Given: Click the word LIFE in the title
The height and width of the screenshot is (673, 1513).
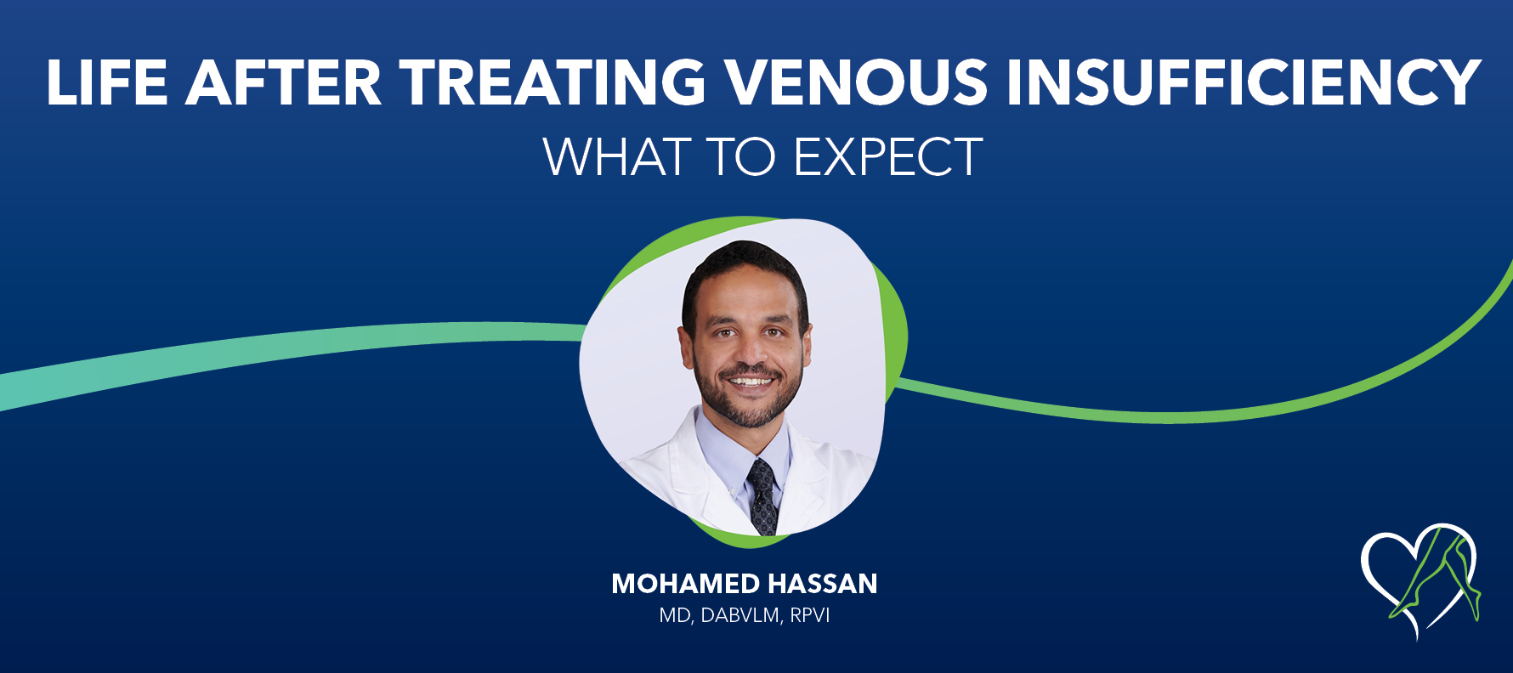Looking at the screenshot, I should (x=106, y=83).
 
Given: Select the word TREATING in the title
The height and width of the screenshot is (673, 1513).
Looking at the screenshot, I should (x=552, y=83).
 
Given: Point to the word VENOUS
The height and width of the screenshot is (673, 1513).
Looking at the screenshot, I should (x=855, y=83).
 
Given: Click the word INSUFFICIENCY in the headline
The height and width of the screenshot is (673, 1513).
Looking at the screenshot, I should (x=1243, y=83).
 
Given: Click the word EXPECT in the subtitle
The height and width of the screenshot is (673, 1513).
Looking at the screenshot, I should (x=887, y=157).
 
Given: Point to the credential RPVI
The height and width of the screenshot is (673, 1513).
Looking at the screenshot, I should (x=809, y=615).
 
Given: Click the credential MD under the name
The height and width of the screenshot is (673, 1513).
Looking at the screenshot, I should (x=675, y=615).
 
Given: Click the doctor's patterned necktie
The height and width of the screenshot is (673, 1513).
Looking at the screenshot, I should (x=762, y=497).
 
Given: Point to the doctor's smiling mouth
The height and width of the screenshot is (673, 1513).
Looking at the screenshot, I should (x=749, y=382).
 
